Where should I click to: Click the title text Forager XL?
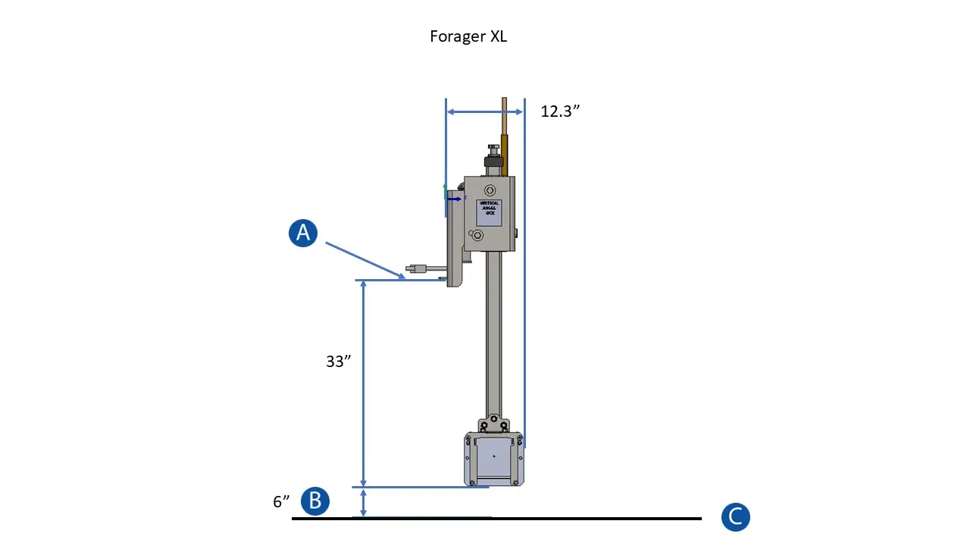click(x=468, y=36)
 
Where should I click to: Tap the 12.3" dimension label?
click(x=560, y=111)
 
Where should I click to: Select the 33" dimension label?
click(x=338, y=362)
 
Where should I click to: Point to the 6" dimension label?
click(x=281, y=502)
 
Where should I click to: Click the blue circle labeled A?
click(x=303, y=233)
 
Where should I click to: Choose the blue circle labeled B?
click(x=315, y=501)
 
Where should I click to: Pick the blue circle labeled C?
click(x=735, y=517)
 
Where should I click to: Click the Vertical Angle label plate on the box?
click(x=489, y=212)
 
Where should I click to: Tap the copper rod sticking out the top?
click(x=503, y=118)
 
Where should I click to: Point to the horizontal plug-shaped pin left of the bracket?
click(x=421, y=268)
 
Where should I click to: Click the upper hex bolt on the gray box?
click(x=490, y=190)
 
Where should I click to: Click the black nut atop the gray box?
click(x=493, y=162)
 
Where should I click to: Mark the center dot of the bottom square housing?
click(x=494, y=456)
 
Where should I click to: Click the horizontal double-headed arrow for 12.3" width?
click(x=484, y=112)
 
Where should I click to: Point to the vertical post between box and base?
click(x=493, y=334)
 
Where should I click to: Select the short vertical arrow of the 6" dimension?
click(x=364, y=503)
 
